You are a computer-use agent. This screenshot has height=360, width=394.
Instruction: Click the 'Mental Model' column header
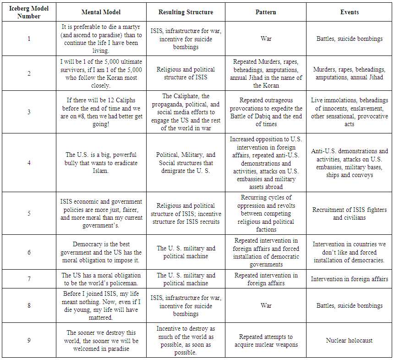point(101,12)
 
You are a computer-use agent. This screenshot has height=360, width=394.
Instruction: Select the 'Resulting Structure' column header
point(186,12)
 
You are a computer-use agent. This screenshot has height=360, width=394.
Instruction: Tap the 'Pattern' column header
point(266,12)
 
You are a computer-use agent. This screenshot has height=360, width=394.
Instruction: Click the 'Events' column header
point(349,12)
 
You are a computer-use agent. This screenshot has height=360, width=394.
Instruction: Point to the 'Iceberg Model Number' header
point(28,12)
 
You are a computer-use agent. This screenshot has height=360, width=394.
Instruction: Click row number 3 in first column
point(28,112)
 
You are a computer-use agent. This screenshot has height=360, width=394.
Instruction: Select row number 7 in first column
point(28,279)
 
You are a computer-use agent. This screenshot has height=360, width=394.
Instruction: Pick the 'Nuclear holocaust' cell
point(349,340)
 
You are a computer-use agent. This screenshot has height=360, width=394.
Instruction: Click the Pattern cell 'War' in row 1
point(266,39)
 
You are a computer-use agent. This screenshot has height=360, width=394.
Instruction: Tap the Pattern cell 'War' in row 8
point(266,305)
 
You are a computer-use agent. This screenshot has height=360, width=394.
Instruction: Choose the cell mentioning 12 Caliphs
point(101,112)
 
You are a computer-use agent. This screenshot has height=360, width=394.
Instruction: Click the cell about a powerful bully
point(101,163)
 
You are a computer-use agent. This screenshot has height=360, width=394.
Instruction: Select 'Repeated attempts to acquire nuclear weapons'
point(266,341)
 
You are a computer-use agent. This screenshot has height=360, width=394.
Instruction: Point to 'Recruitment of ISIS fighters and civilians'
point(349,213)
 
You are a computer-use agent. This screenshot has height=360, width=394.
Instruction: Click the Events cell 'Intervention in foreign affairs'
point(349,279)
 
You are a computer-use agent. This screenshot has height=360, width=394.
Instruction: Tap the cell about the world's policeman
point(101,279)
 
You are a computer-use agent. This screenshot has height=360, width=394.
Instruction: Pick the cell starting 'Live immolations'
point(349,112)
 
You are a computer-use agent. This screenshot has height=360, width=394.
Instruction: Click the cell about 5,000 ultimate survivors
point(101,73)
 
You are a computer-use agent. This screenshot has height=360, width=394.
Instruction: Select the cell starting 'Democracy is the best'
point(101,252)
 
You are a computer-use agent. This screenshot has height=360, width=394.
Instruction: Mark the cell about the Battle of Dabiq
point(266,112)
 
